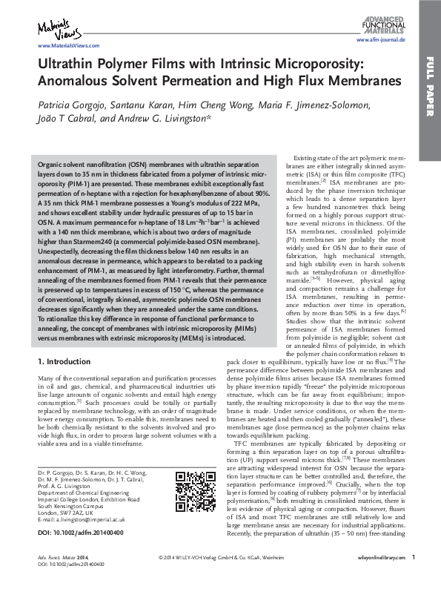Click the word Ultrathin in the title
[x=67, y=64]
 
